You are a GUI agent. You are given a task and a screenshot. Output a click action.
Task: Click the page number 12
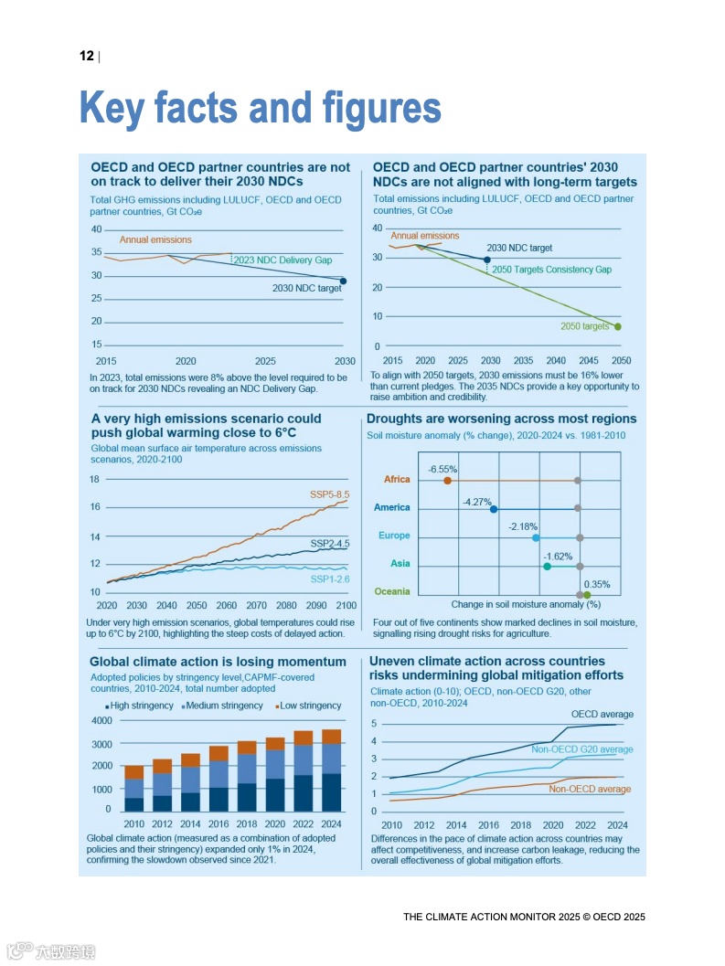pyautogui.click(x=87, y=57)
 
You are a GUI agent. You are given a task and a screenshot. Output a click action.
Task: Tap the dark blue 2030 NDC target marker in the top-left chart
pyautogui.click(x=343, y=281)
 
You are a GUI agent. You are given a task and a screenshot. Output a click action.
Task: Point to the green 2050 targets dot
pyautogui.click(x=618, y=326)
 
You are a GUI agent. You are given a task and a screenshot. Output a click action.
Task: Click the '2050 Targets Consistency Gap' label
pyautogui.click(x=551, y=270)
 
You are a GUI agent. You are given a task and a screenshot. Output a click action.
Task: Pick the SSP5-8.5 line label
pyautogui.click(x=329, y=494)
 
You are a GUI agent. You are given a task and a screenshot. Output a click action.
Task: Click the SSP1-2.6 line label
pyautogui.click(x=329, y=579)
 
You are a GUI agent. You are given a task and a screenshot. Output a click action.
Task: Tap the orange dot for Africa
pyautogui.click(x=447, y=480)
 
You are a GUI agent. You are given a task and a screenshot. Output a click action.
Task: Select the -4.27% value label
pyautogui.click(x=476, y=502)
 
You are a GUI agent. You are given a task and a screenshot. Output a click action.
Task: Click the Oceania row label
pyautogui.click(x=392, y=591)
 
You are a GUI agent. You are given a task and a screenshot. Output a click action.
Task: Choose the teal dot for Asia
pyautogui.click(x=547, y=567)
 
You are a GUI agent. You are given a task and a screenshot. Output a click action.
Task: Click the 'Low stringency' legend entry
pyautogui.click(x=309, y=706)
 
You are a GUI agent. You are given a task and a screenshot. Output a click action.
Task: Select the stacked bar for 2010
pyautogui.click(x=133, y=788)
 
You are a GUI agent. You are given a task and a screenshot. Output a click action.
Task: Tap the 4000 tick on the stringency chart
pyautogui.click(x=101, y=722)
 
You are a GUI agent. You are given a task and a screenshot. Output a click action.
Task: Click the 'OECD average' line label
pyautogui.click(x=602, y=714)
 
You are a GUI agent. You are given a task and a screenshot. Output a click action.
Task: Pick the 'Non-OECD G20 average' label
pyautogui.click(x=581, y=749)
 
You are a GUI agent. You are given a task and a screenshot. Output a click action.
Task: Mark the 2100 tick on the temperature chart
pyautogui.click(x=346, y=606)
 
